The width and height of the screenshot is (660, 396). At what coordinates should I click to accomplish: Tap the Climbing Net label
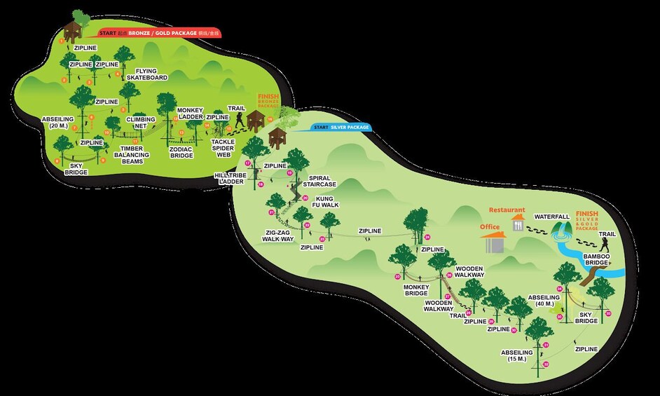pyautogui.click(x=140, y=123)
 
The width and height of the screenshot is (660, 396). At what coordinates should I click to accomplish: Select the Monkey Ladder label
pyautogui.click(x=189, y=113)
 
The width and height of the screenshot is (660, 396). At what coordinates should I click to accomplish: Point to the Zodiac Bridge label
pyautogui.click(x=181, y=152)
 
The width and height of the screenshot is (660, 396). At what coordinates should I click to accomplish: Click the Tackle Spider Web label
pyautogui.click(x=222, y=148)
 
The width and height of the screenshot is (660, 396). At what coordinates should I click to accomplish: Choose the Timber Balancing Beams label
pyautogui.click(x=132, y=154)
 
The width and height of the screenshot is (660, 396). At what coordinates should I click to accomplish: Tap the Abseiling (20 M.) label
pyautogui.click(x=57, y=123)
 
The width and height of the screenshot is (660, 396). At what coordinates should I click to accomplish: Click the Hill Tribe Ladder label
pyautogui.click(x=231, y=178)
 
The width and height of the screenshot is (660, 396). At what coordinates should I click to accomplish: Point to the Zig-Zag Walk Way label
pyautogui.click(x=278, y=235)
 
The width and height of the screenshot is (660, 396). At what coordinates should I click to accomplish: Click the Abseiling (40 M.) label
pyautogui.click(x=544, y=301)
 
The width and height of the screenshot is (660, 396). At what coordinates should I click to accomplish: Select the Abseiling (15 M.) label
pyautogui.click(x=517, y=355)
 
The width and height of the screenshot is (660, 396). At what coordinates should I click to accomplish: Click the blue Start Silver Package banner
pyautogui.click(x=339, y=128)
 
